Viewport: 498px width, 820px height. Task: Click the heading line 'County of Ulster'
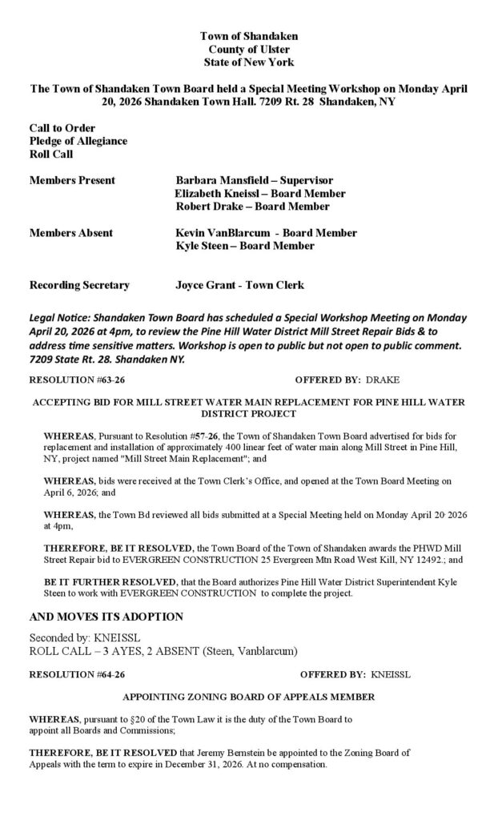pyautogui.click(x=248, y=49)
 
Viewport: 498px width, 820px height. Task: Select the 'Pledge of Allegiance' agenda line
pyautogui.click(x=78, y=141)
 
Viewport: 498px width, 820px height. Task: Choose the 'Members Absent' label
pyautogui.click(x=71, y=233)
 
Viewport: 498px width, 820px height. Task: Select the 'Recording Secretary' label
pyautogui.click(x=79, y=285)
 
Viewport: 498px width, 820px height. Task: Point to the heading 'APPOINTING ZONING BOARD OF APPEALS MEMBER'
pyautogui.click(x=248, y=697)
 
